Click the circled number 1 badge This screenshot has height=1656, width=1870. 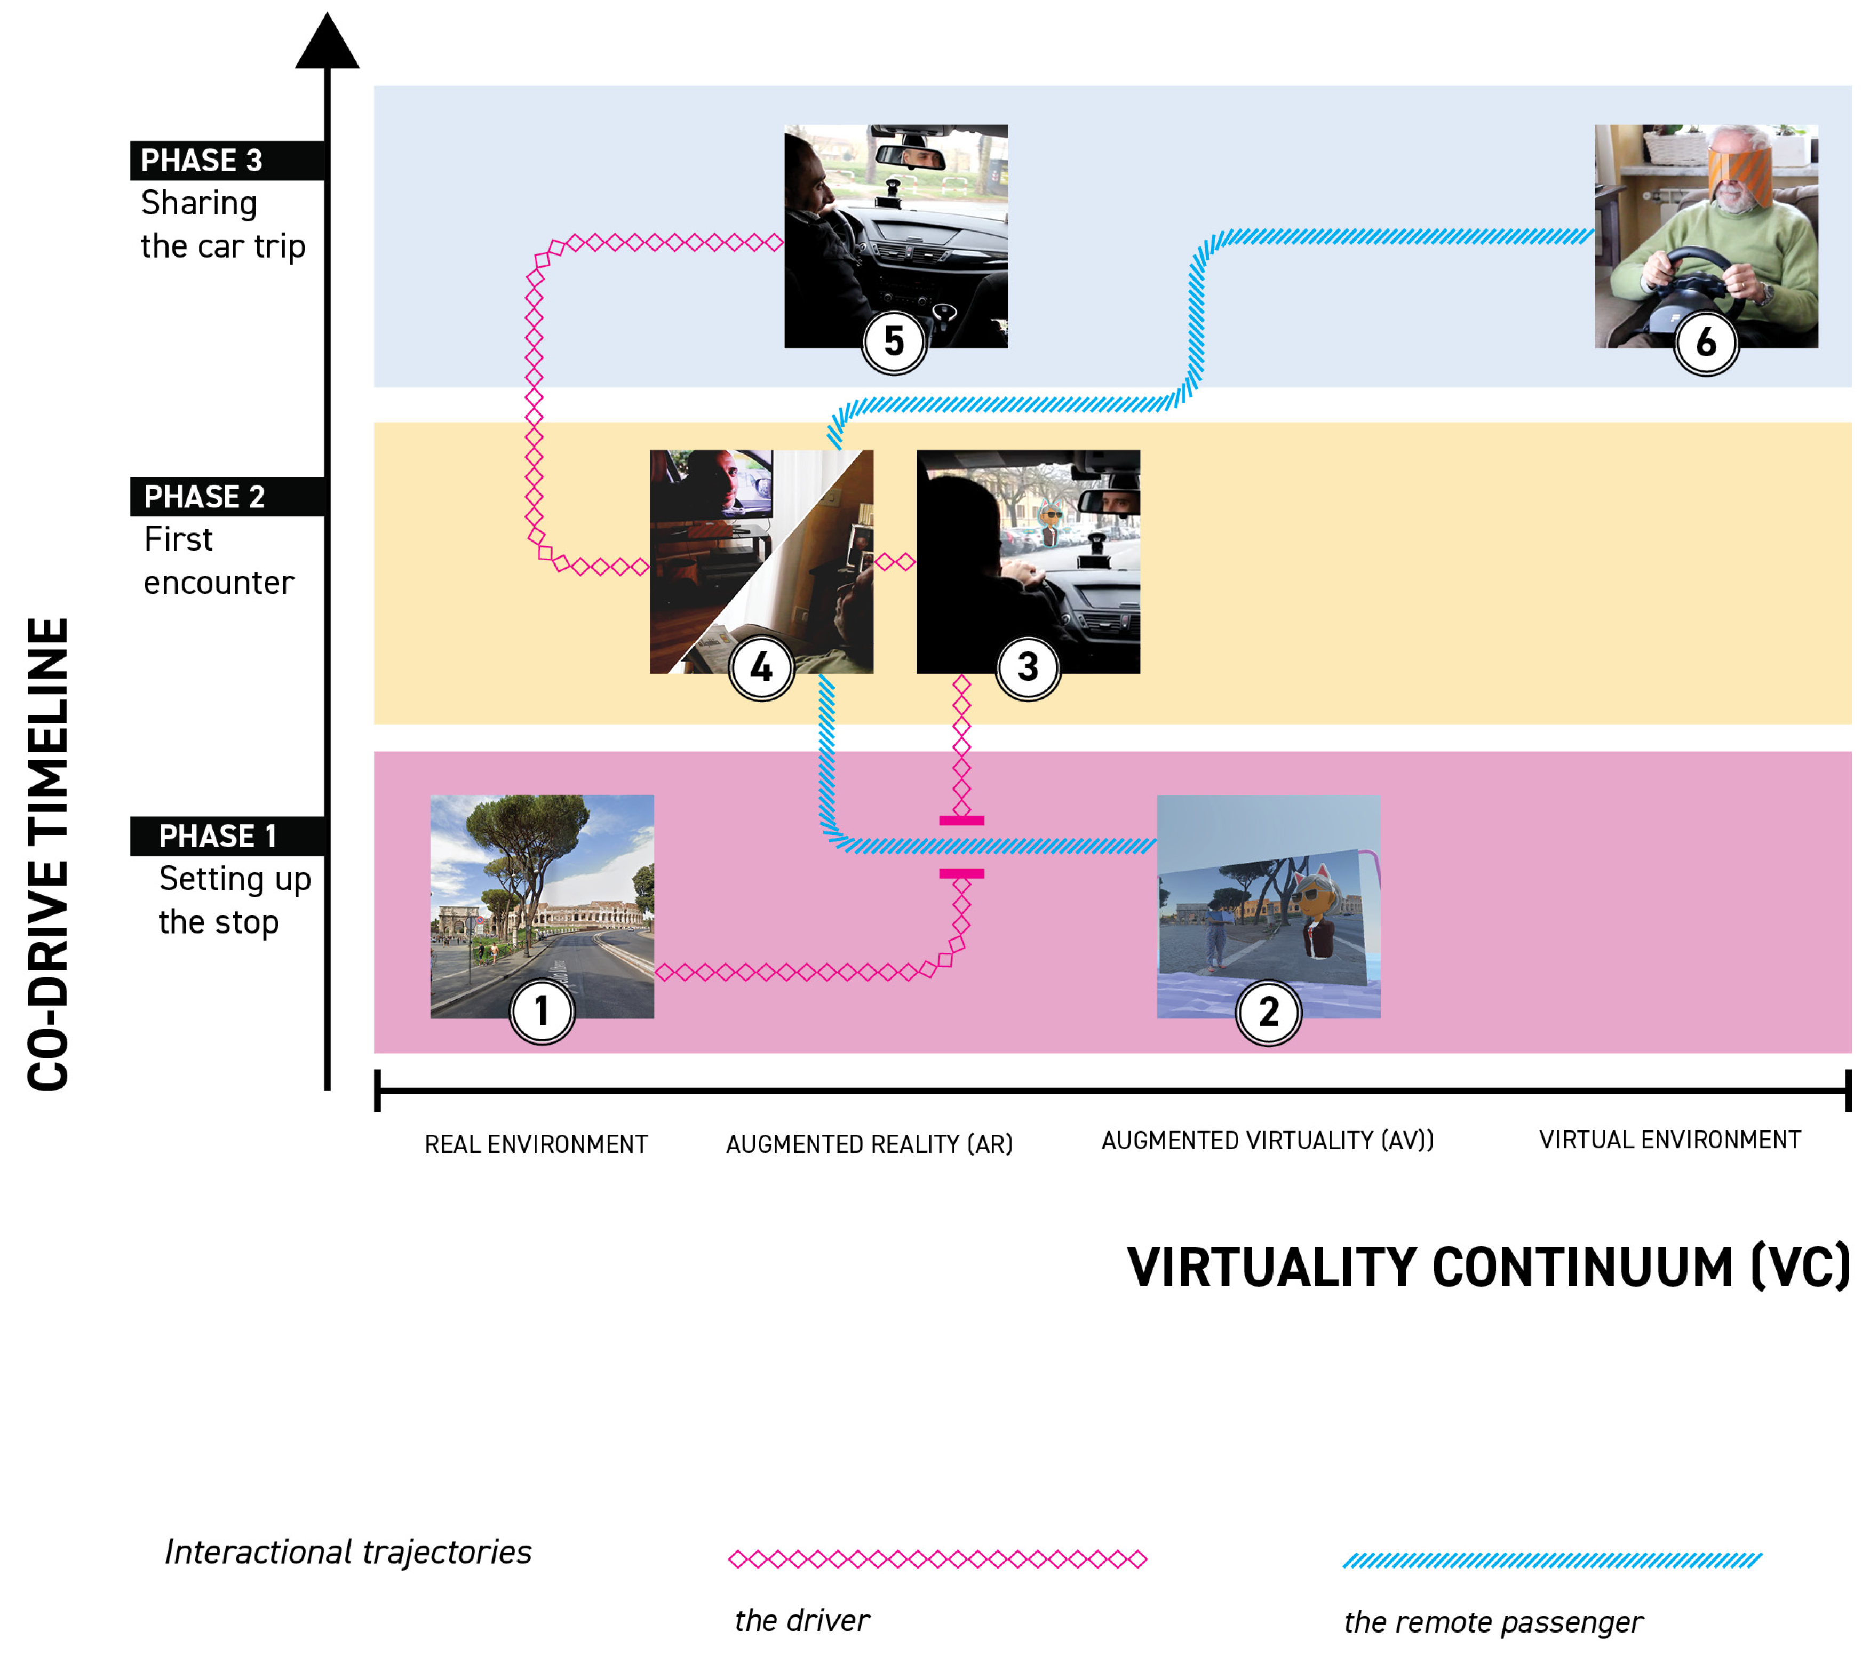(x=542, y=1011)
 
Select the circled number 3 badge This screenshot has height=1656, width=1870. (x=1028, y=667)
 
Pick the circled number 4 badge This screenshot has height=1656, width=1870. (x=761, y=667)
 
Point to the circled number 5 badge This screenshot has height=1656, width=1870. (x=894, y=341)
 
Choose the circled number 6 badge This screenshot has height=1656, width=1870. (x=1706, y=342)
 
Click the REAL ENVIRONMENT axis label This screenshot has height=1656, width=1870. (x=536, y=1144)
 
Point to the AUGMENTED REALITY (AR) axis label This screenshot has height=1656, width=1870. (x=869, y=1144)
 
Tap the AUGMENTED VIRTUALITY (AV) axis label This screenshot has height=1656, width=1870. (x=1267, y=1140)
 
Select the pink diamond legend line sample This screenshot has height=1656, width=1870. (x=938, y=1559)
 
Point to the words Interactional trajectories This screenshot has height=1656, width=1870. (x=348, y=1551)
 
